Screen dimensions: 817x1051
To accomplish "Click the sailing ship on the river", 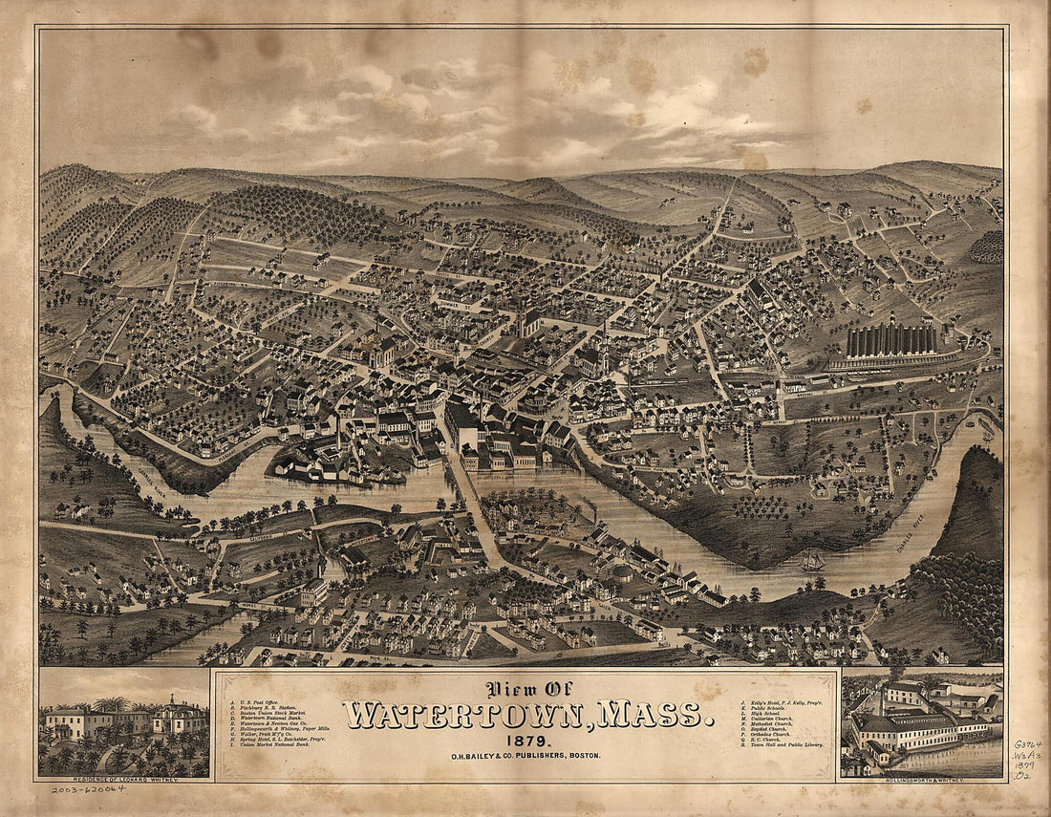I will [813, 561].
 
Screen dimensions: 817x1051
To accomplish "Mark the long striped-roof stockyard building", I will [892, 341].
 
